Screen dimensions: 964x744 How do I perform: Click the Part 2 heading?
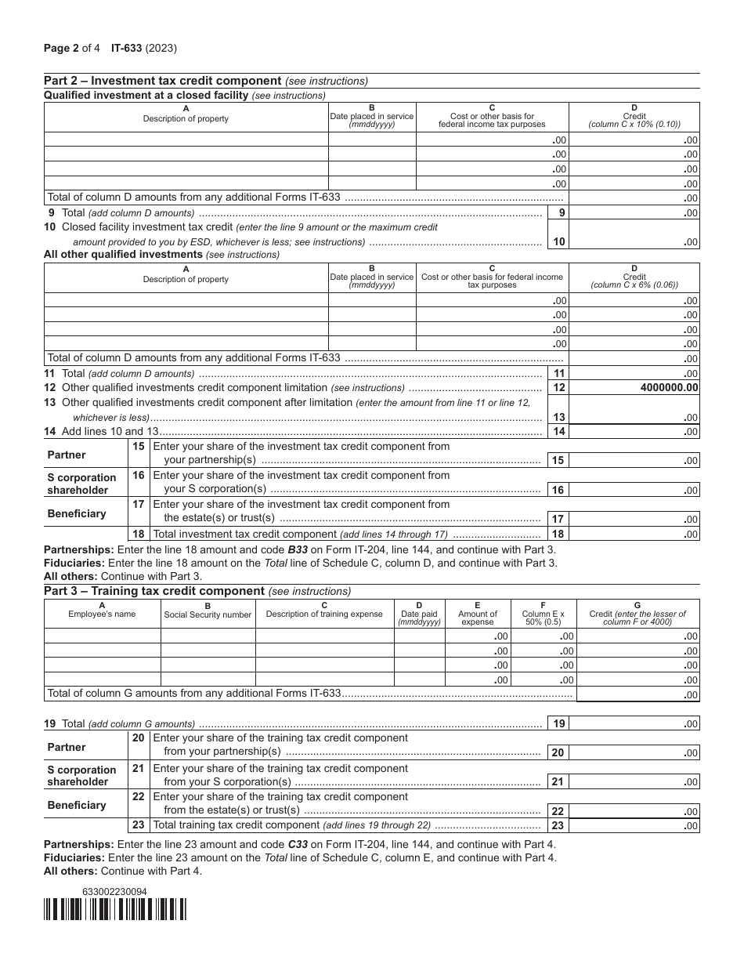[162, 81]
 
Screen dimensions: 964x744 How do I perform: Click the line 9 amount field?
[634, 212]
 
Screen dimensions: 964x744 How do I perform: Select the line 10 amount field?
[634, 241]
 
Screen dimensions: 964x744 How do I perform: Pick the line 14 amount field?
[634, 431]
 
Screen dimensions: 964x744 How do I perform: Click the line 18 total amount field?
[634, 534]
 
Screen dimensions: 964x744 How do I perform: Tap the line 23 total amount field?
[634, 825]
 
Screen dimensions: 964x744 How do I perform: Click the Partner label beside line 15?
[67, 455]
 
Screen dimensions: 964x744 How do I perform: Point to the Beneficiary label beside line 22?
[77, 805]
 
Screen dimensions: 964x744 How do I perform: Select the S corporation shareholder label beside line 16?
[81, 484]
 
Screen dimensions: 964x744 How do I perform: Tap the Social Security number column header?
[208, 614]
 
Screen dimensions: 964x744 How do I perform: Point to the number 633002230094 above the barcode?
[114, 891]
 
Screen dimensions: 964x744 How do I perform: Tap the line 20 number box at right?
[558, 752]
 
